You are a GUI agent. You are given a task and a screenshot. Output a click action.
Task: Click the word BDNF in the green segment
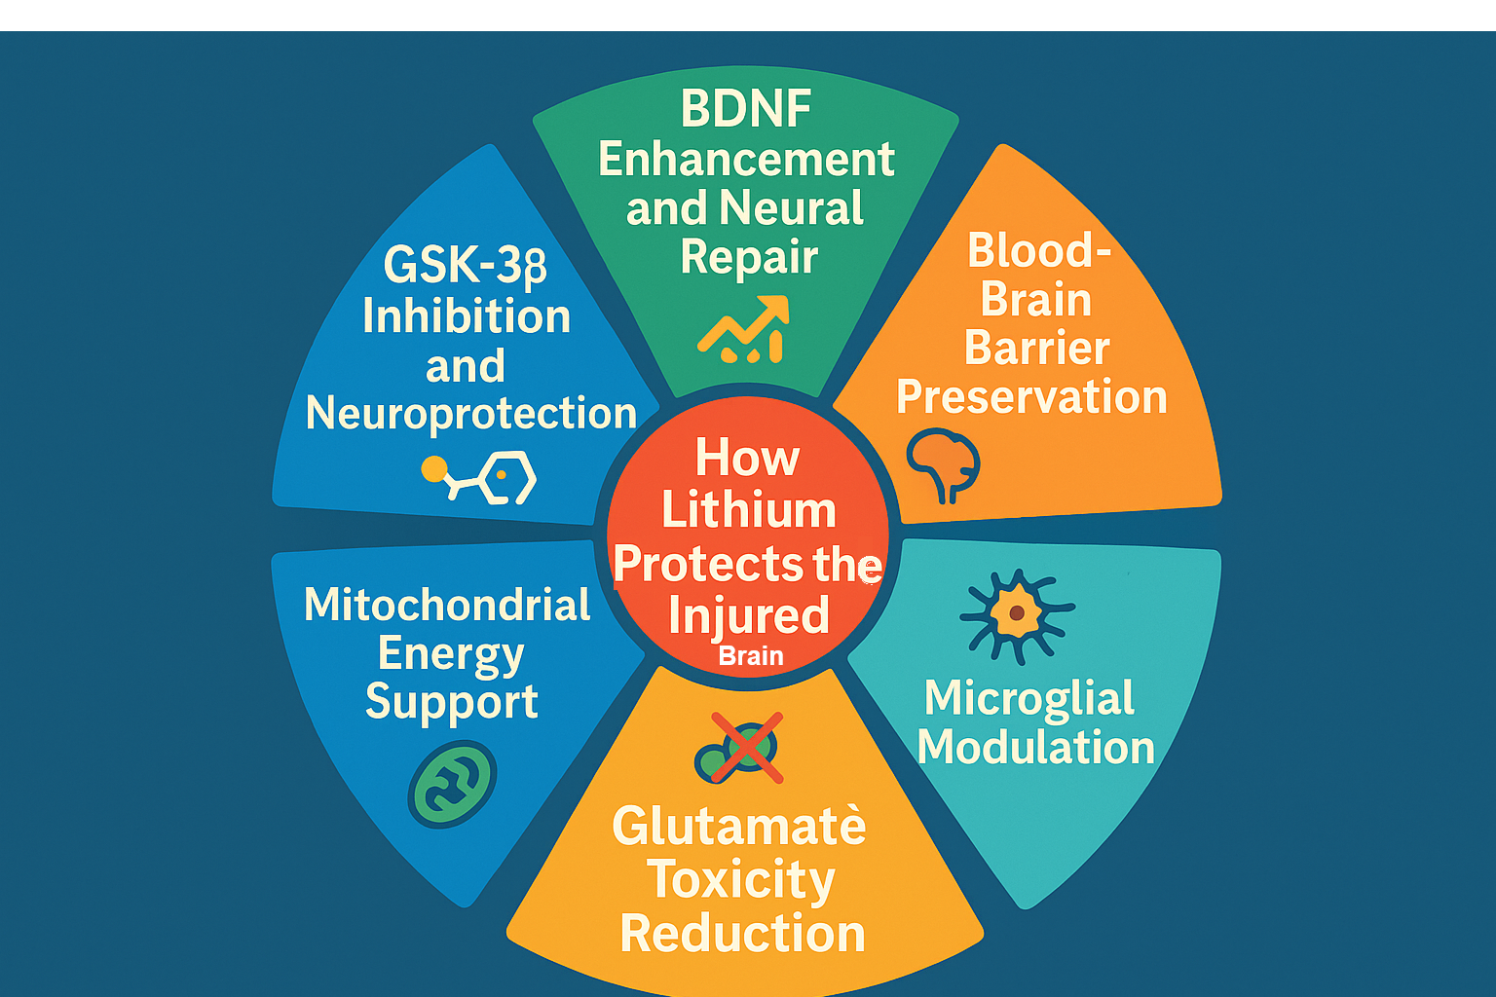(x=746, y=108)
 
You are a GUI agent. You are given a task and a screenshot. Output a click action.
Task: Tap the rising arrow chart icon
(x=743, y=331)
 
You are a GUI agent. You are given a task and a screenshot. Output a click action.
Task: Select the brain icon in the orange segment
(x=942, y=463)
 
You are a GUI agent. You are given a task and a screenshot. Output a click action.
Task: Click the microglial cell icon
(x=1016, y=614)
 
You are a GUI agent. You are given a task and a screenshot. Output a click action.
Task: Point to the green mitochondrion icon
(x=452, y=784)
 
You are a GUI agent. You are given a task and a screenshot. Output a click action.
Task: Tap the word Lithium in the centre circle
(x=748, y=510)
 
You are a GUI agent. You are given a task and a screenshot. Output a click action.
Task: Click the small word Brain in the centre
(x=751, y=656)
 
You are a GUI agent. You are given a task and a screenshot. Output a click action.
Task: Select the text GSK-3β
(x=466, y=265)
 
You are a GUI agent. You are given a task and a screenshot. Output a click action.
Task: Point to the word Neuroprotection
(x=470, y=414)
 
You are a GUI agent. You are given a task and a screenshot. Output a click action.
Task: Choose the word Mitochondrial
(x=447, y=605)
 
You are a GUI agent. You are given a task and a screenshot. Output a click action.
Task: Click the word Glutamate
(x=738, y=827)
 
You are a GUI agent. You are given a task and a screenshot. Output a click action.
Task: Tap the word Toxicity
(x=741, y=880)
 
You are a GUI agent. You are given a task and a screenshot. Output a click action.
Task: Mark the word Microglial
(x=1029, y=698)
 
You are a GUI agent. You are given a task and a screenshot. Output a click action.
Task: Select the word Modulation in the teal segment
(x=1035, y=748)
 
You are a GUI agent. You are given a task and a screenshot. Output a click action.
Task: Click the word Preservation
(x=1031, y=397)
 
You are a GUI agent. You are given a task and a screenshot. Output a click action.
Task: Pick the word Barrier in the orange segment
(x=1036, y=349)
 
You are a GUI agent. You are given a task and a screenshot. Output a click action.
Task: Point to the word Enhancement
(x=746, y=160)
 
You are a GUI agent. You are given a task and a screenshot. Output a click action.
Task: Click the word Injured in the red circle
(x=748, y=615)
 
